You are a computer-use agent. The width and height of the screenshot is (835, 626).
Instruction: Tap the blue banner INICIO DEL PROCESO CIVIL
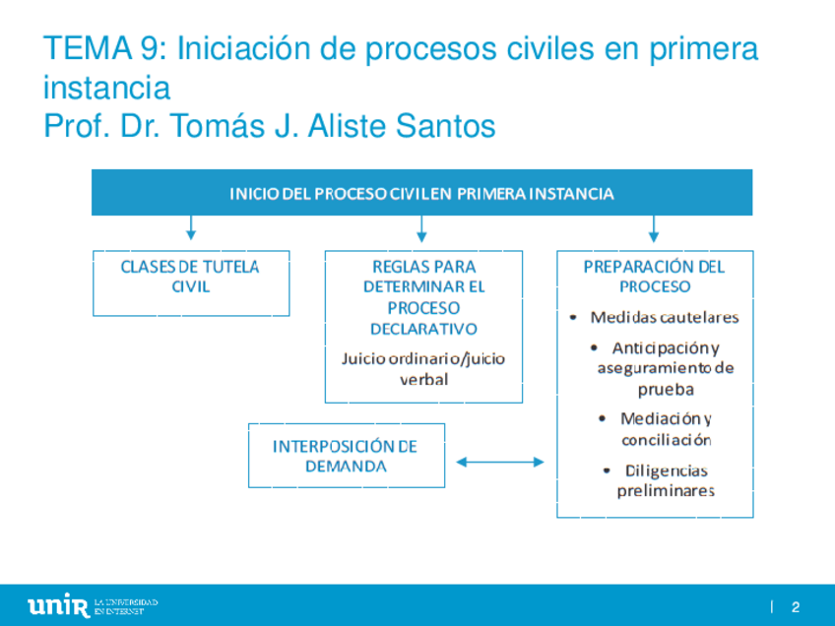[x=421, y=194]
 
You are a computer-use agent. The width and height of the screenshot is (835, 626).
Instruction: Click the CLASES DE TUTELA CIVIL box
[x=191, y=282]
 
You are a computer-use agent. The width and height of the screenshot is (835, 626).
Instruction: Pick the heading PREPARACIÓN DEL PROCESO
[x=654, y=277]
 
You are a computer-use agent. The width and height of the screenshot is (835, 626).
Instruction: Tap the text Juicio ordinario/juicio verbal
[x=423, y=368]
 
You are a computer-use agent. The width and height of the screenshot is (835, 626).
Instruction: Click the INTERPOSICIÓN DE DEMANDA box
[x=346, y=456]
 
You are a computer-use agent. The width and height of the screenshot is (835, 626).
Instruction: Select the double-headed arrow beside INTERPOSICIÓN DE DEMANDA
[x=500, y=461]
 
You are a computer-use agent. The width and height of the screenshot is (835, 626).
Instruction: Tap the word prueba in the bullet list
[x=666, y=389]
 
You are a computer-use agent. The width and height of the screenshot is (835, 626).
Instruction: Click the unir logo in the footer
[x=58, y=606]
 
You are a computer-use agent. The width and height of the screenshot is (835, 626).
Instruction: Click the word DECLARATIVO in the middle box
[x=423, y=329]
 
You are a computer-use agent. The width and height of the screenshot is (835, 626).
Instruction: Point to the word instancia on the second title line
[x=106, y=89]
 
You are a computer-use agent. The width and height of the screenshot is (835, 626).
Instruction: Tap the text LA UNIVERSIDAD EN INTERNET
[x=126, y=606]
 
